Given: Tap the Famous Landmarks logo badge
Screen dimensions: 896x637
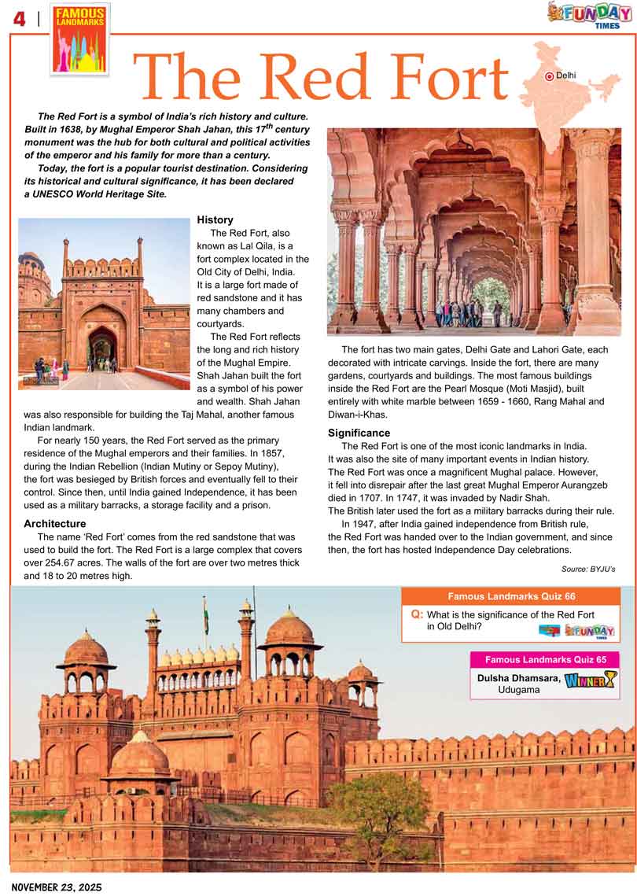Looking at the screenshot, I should pyautogui.click(x=80, y=38).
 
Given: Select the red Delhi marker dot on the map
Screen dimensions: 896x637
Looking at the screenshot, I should pyautogui.click(x=549, y=76).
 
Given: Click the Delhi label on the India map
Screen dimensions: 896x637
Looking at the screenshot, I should pyautogui.click(x=565, y=76).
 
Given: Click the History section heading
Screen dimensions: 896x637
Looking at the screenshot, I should pyautogui.click(x=215, y=219).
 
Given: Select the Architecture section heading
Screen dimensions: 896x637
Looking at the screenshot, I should pyautogui.click(x=55, y=523).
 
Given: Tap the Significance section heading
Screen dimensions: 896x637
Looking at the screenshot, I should pyautogui.click(x=359, y=433).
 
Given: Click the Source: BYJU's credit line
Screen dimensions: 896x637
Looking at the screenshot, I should pyautogui.click(x=588, y=568).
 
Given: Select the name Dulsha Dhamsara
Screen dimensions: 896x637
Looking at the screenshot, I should pyautogui.click(x=518, y=677).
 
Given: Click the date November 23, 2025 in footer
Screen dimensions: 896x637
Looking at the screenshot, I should pyautogui.click(x=52, y=887).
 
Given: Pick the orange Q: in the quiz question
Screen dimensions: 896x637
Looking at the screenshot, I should pyautogui.click(x=416, y=614).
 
